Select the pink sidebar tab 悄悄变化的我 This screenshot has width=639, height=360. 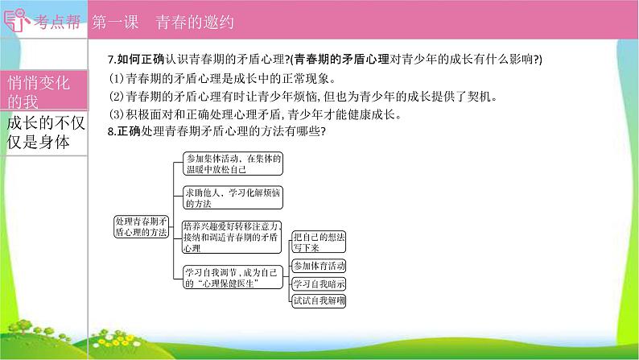pyautogui.click(x=40, y=92)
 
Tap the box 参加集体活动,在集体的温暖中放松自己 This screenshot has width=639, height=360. pyautogui.click(x=232, y=163)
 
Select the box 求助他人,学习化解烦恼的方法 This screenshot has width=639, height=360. pyautogui.click(x=232, y=198)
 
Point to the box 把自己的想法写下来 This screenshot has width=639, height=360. pyautogui.click(x=319, y=242)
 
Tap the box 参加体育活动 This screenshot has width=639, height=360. pyautogui.click(x=319, y=266)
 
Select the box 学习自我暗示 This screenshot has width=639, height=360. pyautogui.click(x=319, y=283)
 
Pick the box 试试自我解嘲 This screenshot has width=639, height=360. pyautogui.click(x=319, y=301)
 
